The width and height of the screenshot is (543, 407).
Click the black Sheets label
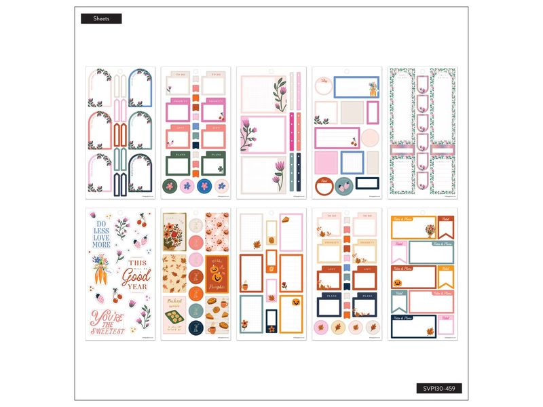pyautogui.click(x=101, y=19)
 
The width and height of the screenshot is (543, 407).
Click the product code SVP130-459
pyautogui.click(x=438, y=389)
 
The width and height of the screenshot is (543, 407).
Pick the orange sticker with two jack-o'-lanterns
pyautogui.click(x=217, y=274)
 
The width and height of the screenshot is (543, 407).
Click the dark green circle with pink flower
pyautogui.click(x=170, y=185)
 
